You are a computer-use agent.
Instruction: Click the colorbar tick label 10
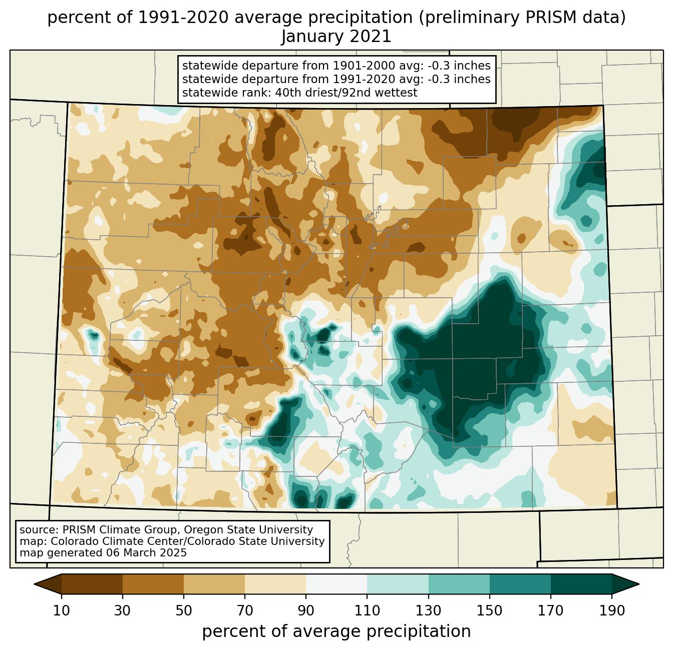(x=62, y=611)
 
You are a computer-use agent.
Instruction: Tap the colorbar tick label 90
(x=306, y=611)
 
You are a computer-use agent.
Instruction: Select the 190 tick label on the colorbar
(x=612, y=611)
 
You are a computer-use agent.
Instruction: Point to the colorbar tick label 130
(x=429, y=611)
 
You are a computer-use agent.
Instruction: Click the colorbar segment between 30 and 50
(x=153, y=584)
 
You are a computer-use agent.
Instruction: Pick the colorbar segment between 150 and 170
(x=520, y=584)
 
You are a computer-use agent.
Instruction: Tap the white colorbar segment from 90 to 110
(x=337, y=584)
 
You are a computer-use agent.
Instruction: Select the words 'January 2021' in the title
(x=336, y=37)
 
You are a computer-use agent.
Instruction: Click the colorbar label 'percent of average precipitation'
(x=336, y=631)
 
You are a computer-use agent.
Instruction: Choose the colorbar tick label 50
(x=184, y=611)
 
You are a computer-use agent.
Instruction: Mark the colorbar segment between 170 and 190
(x=581, y=584)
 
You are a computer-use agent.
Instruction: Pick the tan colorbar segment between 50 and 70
(x=214, y=584)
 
